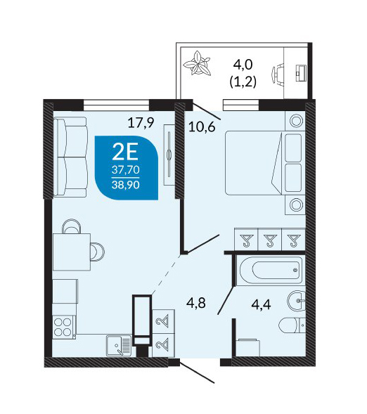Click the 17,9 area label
coord(141,123)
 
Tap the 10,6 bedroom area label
coord(202,127)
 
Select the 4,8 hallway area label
coord(196,304)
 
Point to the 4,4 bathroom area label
coord(261,305)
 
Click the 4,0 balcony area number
coord(243,65)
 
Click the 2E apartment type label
coord(125,153)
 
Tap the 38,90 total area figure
coord(125,185)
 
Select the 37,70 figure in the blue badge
coord(125,170)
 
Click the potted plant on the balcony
coord(198,64)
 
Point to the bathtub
coord(271,270)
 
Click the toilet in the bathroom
coord(292,325)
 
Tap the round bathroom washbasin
coord(296,301)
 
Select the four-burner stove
coord(63,328)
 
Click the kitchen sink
coord(119,346)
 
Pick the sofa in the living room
coord(70,157)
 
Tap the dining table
coord(72,252)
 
